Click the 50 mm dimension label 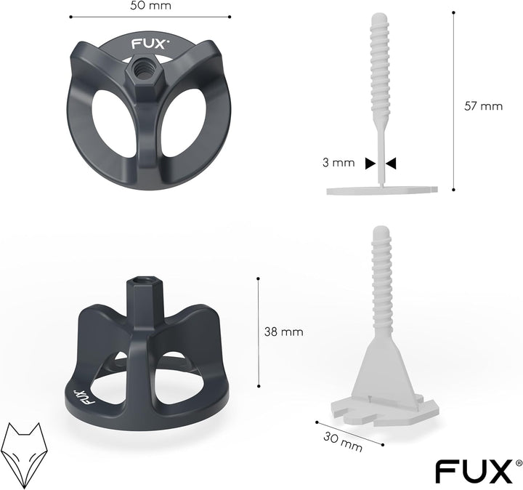[150, 6]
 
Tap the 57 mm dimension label [483, 105]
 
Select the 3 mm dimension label [339, 163]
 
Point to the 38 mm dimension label [284, 332]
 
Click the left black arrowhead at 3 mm [370, 164]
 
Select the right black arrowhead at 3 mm [391, 164]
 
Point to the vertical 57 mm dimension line [454, 102]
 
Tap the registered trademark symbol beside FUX [518, 462]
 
